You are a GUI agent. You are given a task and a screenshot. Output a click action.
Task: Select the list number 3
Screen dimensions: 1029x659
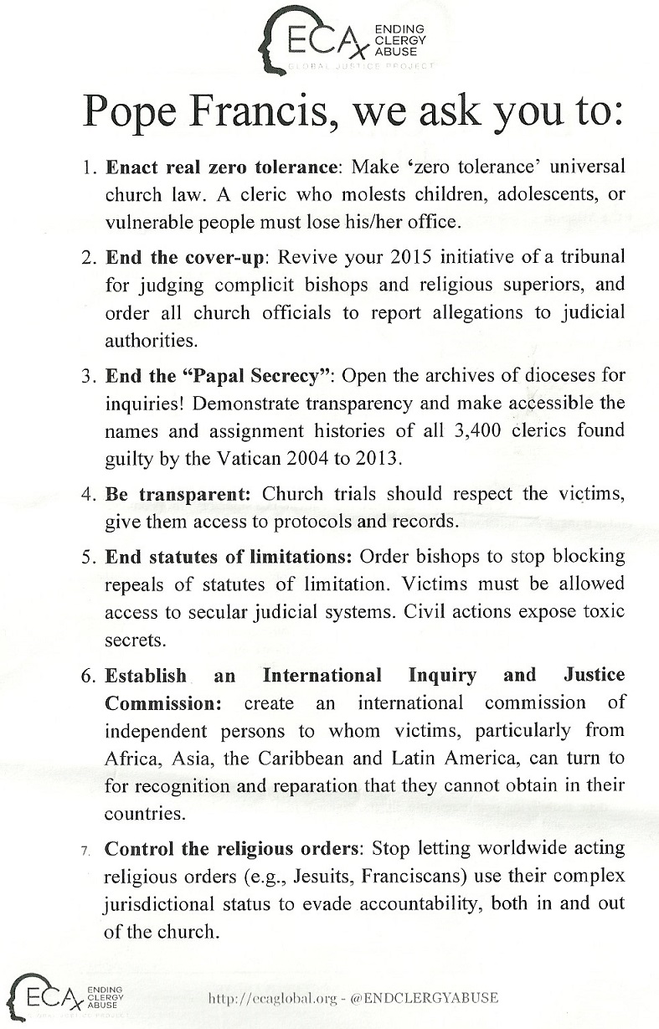pyautogui.click(x=90, y=374)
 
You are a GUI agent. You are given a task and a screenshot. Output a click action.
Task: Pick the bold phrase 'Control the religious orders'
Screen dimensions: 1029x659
pyautogui.click(x=231, y=848)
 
